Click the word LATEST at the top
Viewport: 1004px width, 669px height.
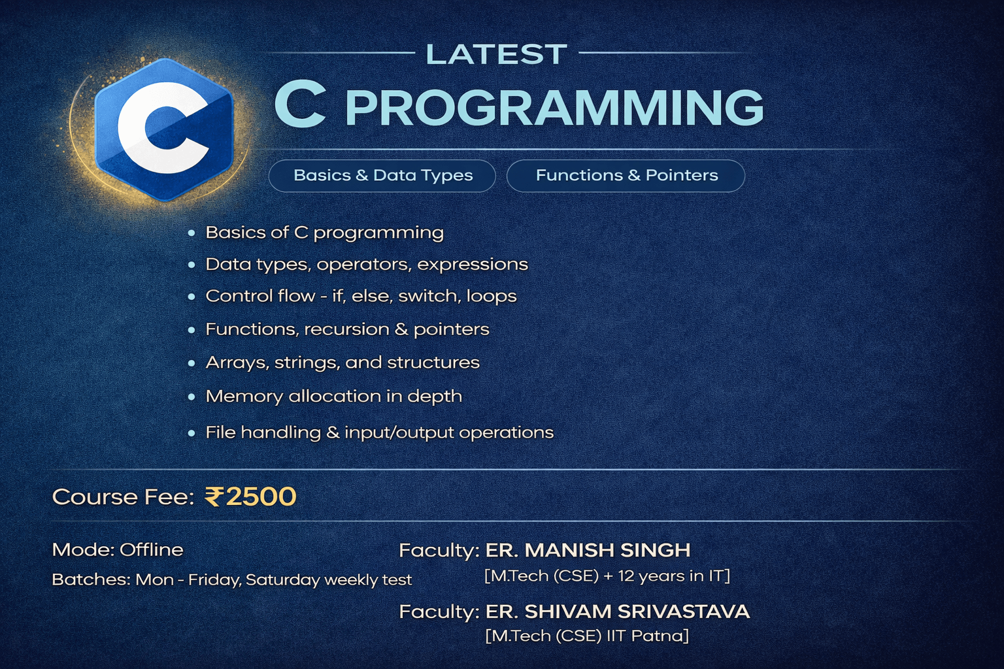coord(497,54)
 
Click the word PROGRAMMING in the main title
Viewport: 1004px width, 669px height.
coord(554,108)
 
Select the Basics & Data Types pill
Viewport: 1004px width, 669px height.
coord(382,176)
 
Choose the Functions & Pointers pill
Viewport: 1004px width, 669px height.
coord(626,176)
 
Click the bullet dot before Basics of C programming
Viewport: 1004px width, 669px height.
coord(192,233)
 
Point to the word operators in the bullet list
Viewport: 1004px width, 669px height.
coord(364,265)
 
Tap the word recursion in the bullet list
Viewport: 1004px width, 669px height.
coord(346,329)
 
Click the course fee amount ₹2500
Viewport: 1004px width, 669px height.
coord(250,497)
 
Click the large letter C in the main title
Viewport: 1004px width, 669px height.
coord(300,105)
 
